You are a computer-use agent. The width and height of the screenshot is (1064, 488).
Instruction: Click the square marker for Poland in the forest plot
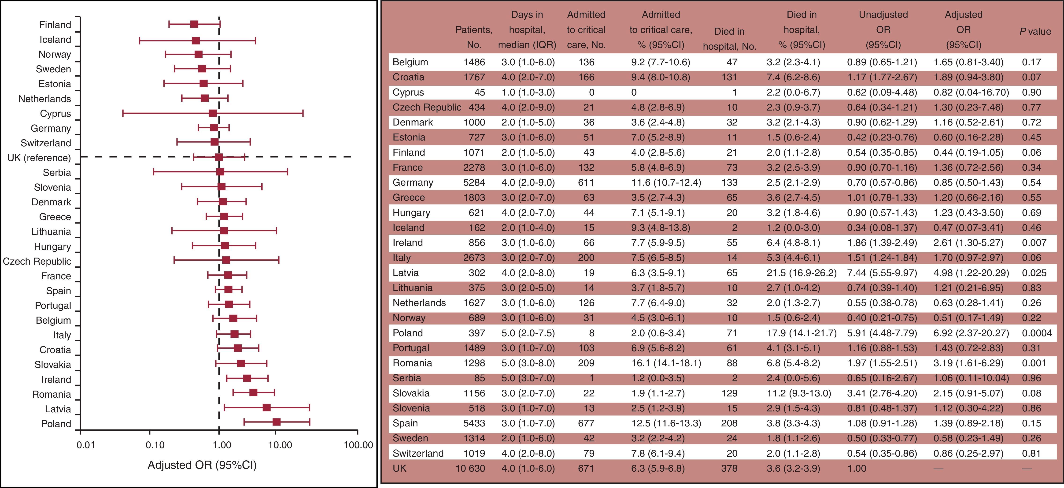click(x=276, y=422)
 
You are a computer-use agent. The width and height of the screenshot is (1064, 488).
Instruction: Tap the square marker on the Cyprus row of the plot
click(x=213, y=113)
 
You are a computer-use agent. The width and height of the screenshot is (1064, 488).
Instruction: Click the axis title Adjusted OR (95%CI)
click(x=202, y=465)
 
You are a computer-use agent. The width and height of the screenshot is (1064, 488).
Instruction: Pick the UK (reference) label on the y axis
click(x=39, y=158)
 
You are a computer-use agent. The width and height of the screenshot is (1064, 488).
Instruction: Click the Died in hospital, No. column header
click(x=729, y=39)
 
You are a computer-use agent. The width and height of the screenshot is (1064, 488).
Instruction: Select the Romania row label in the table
click(x=412, y=363)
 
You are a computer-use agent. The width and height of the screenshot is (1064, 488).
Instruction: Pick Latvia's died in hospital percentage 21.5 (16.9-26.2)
click(x=801, y=273)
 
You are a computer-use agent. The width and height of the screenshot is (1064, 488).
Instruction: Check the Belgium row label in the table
click(x=410, y=62)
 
